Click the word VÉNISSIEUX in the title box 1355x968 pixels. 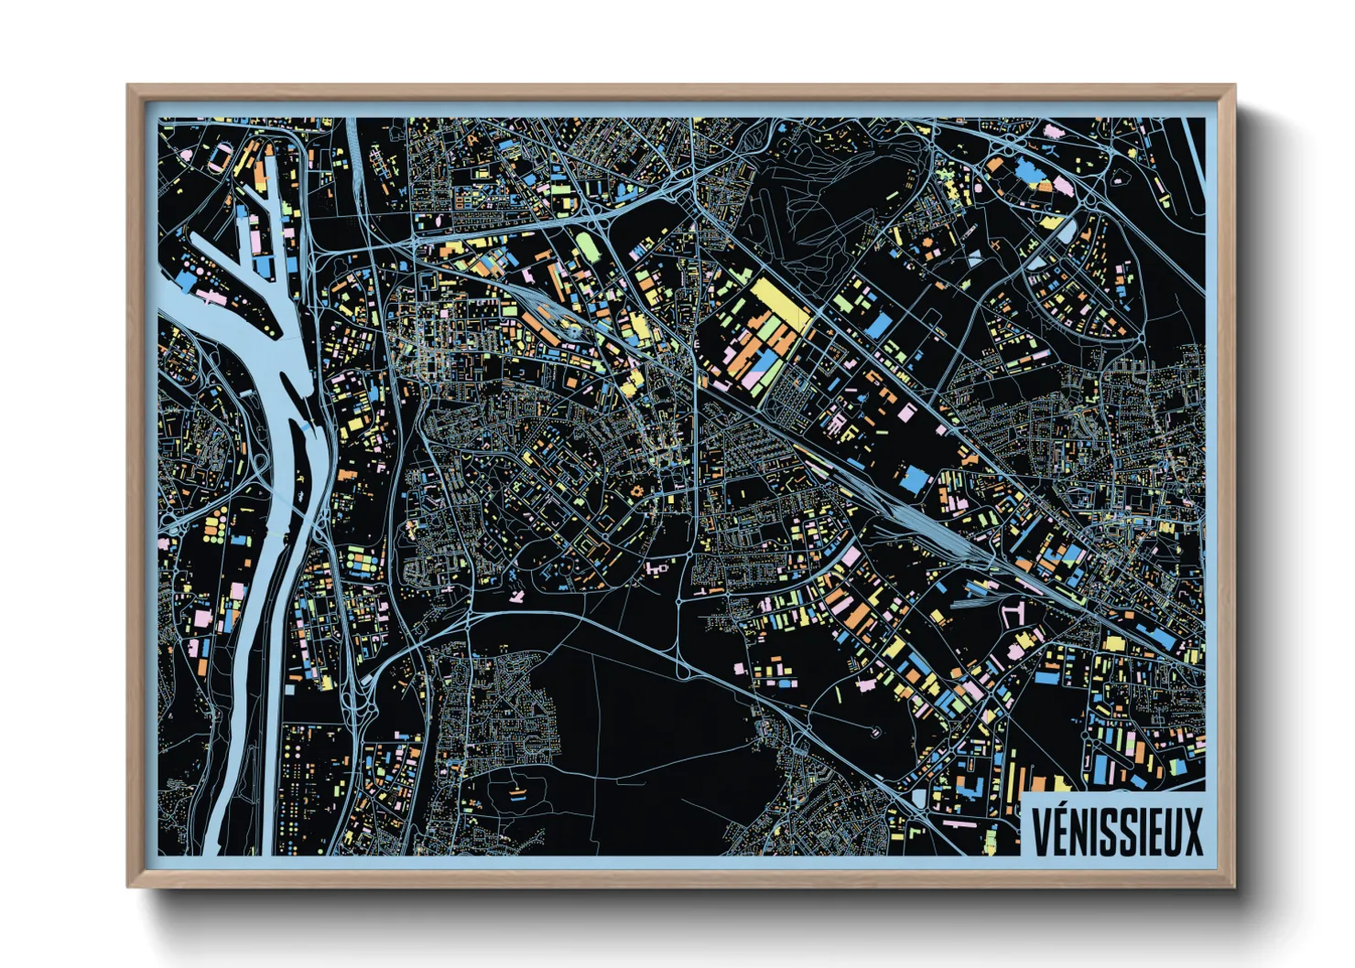pyautogui.click(x=1117, y=831)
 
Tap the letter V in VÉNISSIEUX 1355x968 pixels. pyautogui.click(x=1041, y=831)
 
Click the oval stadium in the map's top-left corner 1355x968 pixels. pyautogui.click(x=221, y=159)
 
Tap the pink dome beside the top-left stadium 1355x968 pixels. pyautogui.click(x=186, y=154)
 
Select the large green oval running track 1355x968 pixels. pyautogui.click(x=584, y=244)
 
